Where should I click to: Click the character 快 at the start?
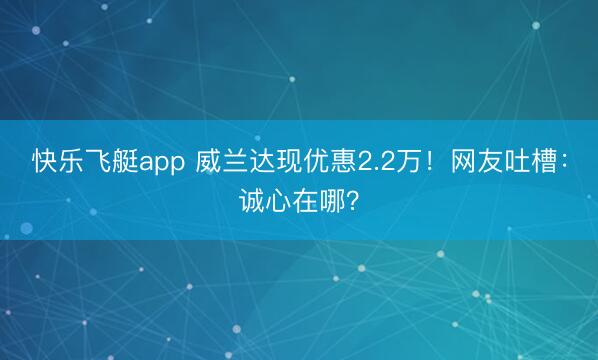pyautogui.click(x=44, y=161)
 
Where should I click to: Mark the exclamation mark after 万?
pyautogui.click(x=432, y=161)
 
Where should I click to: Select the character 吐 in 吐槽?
pyautogui.click(x=518, y=161)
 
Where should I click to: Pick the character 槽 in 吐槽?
pyautogui.click(x=545, y=161)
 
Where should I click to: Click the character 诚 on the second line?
pyautogui.click(x=252, y=202)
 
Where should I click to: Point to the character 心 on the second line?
pyautogui.click(x=279, y=202)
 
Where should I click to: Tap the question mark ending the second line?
pyautogui.click(x=357, y=202)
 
